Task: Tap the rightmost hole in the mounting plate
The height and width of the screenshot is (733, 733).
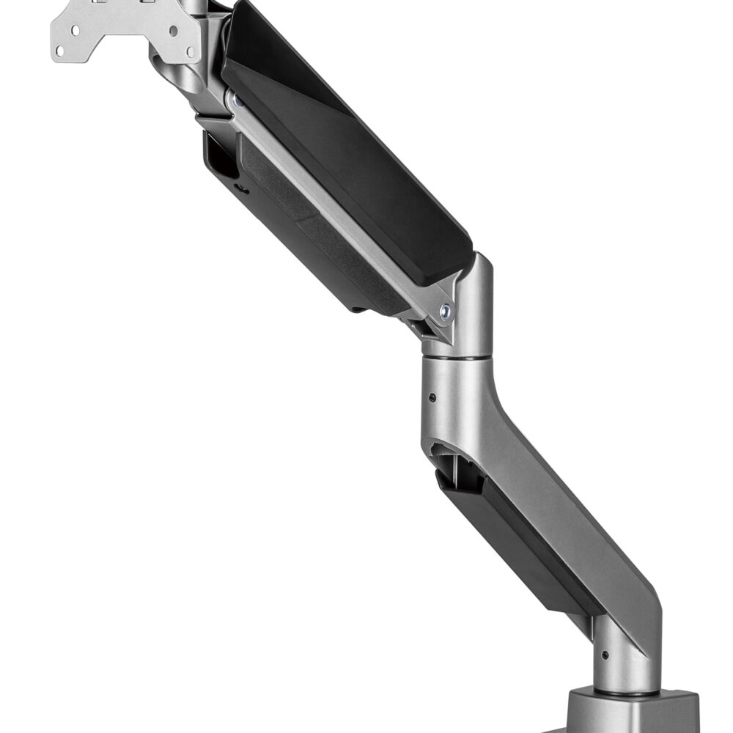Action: click(191, 51)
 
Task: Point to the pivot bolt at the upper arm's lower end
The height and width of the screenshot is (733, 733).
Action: click(445, 310)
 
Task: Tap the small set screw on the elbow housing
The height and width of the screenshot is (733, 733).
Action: click(432, 397)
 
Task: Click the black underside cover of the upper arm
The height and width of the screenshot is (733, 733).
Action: click(308, 242)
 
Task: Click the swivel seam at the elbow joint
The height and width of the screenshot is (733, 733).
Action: click(457, 358)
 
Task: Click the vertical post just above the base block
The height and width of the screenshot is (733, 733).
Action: click(623, 660)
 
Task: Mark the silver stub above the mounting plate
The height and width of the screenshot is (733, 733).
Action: click(194, 7)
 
